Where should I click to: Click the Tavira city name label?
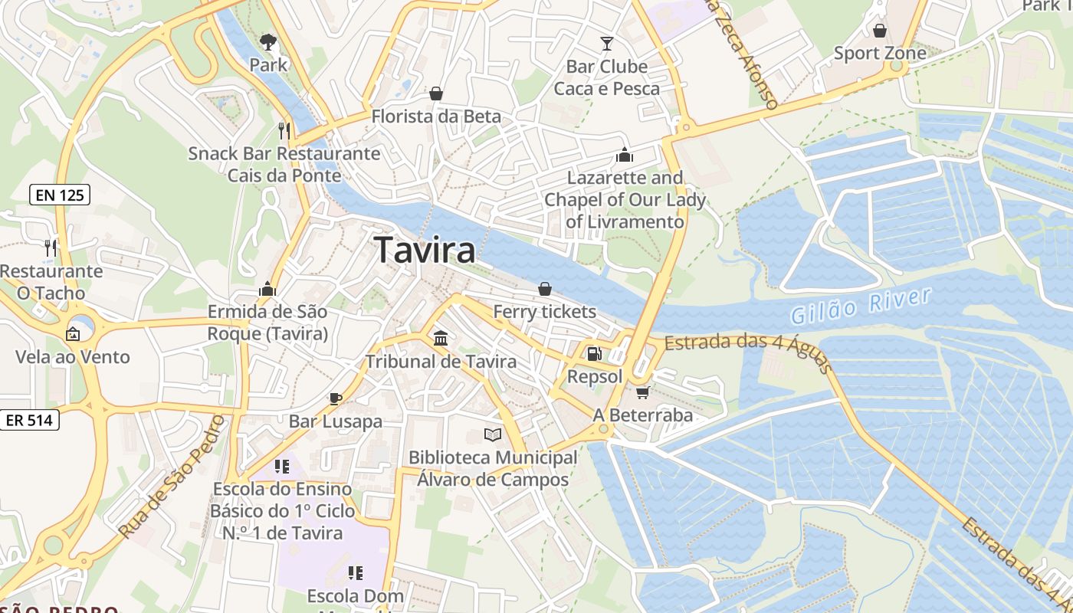click(x=425, y=251)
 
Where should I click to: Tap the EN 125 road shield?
click(x=61, y=195)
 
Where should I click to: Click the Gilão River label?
click(x=861, y=305)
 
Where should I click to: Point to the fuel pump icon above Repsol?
click(x=594, y=354)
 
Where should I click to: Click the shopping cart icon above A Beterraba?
click(x=642, y=392)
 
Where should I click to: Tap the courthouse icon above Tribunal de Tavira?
click(x=441, y=338)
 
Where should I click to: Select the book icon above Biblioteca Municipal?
click(x=492, y=435)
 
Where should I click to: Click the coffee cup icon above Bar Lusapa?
click(x=335, y=398)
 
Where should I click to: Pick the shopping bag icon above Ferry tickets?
click(x=544, y=289)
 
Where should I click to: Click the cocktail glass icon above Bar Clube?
click(x=607, y=43)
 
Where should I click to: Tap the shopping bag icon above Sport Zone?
click(x=880, y=31)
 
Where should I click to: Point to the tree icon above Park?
click(x=267, y=41)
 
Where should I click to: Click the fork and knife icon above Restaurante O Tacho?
click(x=51, y=247)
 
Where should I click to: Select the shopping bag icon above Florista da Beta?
click(x=436, y=93)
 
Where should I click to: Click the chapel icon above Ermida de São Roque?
click(x=267, y=289)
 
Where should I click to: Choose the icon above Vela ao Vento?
click(x=73, y=334)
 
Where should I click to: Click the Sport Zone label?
click(x=880, y=54)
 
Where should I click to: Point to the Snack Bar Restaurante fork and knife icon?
click(x=284, y=130)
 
